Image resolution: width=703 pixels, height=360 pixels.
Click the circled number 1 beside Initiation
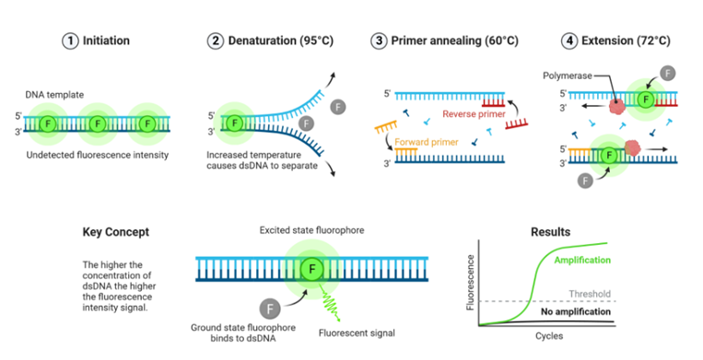(70, 41)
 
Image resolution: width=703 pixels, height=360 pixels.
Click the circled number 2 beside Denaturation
(216, 41)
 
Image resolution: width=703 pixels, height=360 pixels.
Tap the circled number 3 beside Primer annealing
(379, 41)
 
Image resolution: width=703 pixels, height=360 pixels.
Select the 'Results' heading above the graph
(550, 232)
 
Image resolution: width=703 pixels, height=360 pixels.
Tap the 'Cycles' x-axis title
(550, 336)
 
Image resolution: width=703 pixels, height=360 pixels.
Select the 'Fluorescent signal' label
(354, 331)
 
